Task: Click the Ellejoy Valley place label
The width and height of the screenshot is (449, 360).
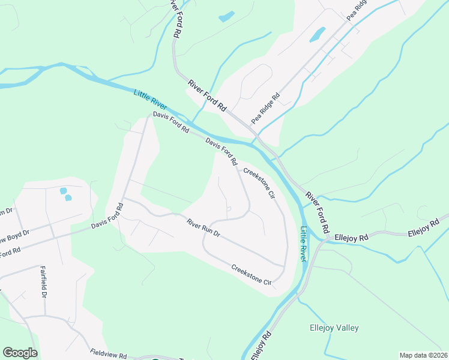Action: [x=334, y=328]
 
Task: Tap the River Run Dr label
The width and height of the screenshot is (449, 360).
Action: [x=203, y=229]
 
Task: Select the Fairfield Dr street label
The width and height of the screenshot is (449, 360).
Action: [x=43, y=283]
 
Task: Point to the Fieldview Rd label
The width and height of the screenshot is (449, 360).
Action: [x=109, y=354]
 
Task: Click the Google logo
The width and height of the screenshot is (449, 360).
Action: [x=20, y=353]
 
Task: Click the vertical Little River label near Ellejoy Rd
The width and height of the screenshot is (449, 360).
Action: [x=304, y=244]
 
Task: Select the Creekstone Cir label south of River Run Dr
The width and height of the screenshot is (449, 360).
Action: [x=252, y=273]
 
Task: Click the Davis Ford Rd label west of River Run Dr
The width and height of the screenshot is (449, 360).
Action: [x=107, y=217]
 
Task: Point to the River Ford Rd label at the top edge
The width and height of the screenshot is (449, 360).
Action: [x=175, y=19]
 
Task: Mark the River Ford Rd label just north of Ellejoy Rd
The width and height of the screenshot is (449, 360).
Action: [x=318, y=212]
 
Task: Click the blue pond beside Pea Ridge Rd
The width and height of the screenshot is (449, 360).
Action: [x=317, y=34]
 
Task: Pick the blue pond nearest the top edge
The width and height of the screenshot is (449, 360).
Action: [x=226, y=16]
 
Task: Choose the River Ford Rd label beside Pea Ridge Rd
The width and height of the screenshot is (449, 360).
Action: [x=207, y=96]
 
